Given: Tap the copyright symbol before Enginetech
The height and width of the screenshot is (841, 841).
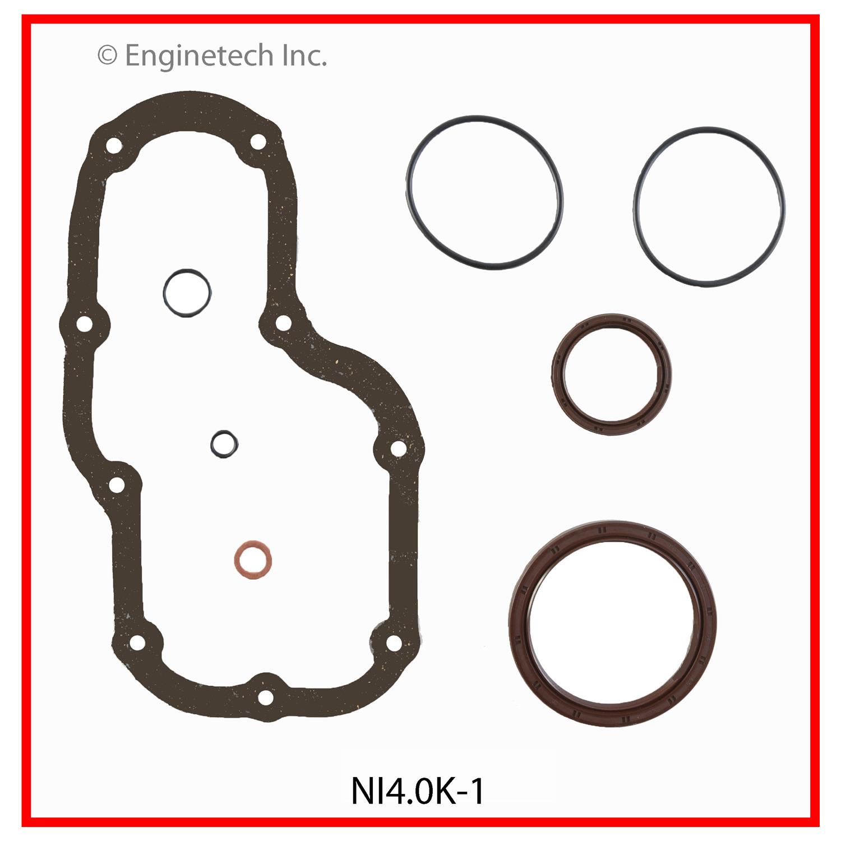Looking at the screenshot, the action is [x=107, y=56].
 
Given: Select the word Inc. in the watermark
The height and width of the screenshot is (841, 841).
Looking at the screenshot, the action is [x=305, y=56].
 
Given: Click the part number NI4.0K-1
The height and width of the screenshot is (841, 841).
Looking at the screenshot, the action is [x=418, y=791].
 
